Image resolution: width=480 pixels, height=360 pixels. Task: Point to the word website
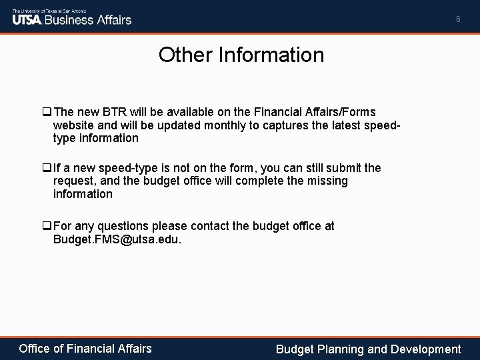tap(75, 125)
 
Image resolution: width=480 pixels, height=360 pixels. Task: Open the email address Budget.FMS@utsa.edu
tap(117, 239)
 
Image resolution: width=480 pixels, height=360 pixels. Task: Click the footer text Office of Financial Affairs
tap(85, 348)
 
